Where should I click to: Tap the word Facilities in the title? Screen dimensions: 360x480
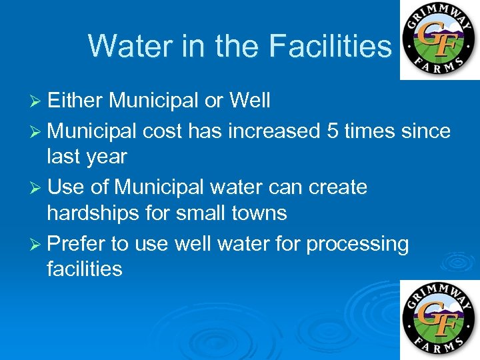(331, 46)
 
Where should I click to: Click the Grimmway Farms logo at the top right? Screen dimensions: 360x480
(439, 40)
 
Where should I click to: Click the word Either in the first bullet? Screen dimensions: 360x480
(76, 101)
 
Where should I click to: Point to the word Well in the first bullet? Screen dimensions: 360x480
(249, 101)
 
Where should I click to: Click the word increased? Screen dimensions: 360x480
(275, 131)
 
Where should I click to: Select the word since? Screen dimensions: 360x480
(426, 131)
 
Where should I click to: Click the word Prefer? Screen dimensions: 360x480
(76, 243)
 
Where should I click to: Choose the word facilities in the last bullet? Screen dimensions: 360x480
(85, 269)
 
